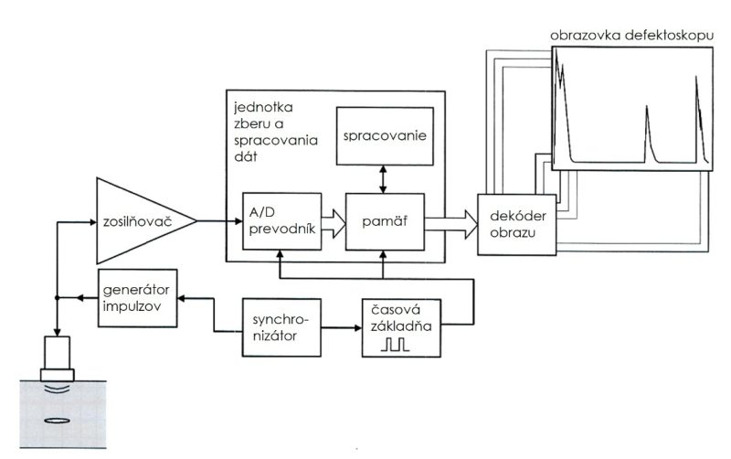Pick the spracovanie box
tap(384, 136)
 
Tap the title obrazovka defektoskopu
tap(630, 36)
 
